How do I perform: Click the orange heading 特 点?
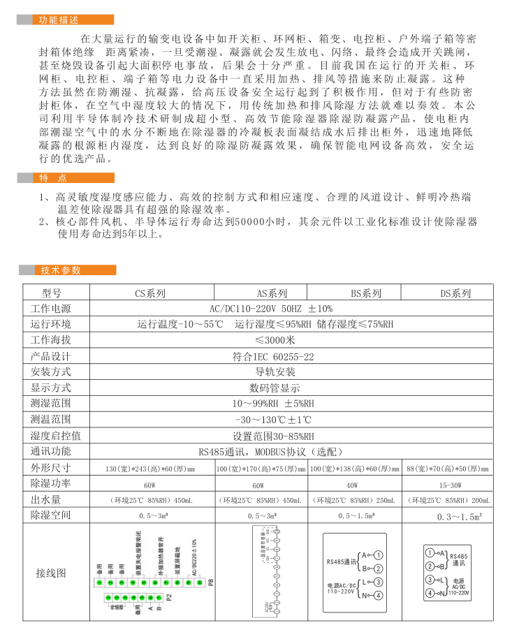point(54,178)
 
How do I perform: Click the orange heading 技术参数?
point(61,270)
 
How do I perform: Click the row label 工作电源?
point(50,309)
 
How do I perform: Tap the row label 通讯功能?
point(50,450)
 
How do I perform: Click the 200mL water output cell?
point(451,500)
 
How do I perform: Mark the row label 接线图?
point(50,573)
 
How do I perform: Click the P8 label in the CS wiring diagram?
point(210,581)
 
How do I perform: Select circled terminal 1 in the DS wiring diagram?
point(429,553)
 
